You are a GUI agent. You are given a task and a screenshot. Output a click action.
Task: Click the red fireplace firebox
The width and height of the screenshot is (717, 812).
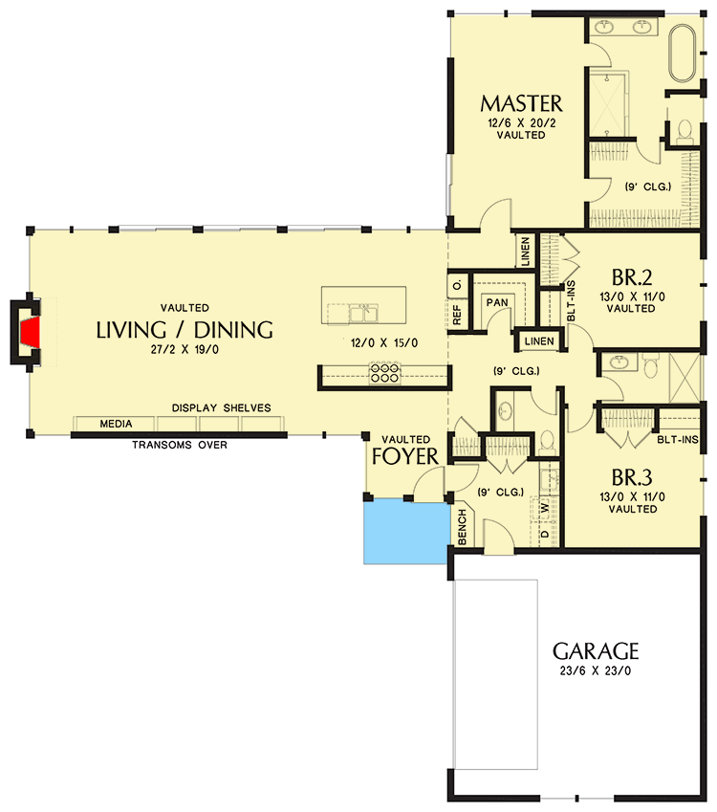[x=32, y=333]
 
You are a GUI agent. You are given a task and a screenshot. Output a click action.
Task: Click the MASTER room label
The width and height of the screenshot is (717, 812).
[x=521, y=103]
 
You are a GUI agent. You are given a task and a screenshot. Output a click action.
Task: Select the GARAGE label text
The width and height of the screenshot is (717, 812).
[x=596, y=651]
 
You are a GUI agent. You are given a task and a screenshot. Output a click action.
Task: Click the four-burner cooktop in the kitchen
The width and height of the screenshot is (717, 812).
[x=384, y=372]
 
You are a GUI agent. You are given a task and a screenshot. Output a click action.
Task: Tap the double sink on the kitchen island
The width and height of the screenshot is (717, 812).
[x=361, y=312]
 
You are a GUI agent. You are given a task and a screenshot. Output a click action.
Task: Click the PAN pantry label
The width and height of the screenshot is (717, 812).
[x=496, y=302]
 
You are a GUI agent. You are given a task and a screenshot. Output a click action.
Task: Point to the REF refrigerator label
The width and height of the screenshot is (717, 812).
[x=458, y=315]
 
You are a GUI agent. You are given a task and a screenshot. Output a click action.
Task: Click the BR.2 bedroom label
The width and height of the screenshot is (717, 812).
[x=632, y=278]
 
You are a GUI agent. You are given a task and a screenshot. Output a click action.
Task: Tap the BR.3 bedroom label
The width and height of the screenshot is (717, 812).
[x=632, y=477]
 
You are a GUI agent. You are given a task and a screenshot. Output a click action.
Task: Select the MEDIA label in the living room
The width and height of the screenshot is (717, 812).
[x=116, y=424]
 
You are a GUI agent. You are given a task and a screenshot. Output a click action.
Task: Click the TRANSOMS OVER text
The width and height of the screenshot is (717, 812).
[x=180, y=445]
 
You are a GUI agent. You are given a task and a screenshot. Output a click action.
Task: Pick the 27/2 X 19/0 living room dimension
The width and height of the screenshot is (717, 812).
[x=185, y=351]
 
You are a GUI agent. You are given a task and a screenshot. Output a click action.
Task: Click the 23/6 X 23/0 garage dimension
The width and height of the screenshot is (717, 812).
[x=596, y=671]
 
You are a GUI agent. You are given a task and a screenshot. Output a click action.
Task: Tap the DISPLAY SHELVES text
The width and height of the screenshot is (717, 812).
[x=221, y=408]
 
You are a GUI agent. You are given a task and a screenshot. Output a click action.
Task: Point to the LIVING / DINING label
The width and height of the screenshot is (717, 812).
[x=185, y=330]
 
